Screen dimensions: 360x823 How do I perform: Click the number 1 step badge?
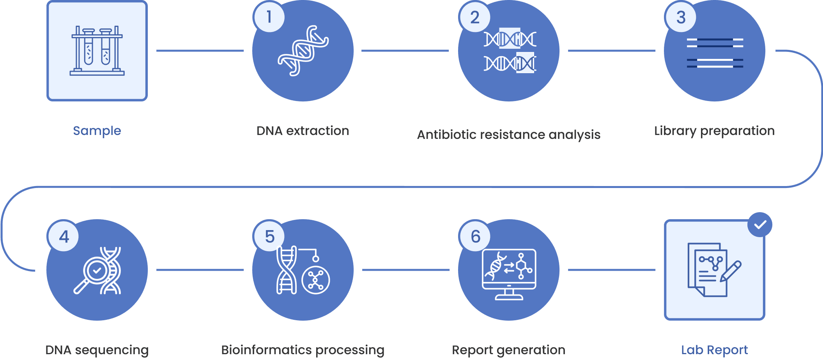pyautogui.click(x=269, y=17)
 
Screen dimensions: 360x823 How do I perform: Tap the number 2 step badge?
pyautogui.click(x=474, y=17)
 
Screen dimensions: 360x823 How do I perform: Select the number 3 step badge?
pyautogui.click(x=681, y=17)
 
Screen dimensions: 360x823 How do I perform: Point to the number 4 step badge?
pyautogui.click(x=64, y=236)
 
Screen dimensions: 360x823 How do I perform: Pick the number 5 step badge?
pyautogui.click(x=269, y=236)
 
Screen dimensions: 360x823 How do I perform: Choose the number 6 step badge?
pyautogui.click(x=475, y=236)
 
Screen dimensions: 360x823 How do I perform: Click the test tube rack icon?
pyautogui.click(x=97, y=51)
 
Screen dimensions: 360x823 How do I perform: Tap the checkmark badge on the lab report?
pyautogui.click(x=760, y=225)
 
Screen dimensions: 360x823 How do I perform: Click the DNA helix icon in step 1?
pyautogui.click(x=303, y=51)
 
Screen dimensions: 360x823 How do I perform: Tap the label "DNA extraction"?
pyautogui.click(x=303, y=131)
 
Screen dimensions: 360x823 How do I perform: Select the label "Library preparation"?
pyautogui.click(x=714, y=131)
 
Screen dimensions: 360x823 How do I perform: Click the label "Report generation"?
pyautogui.click(x=508, y=350)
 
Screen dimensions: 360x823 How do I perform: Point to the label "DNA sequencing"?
pyautogui.click(x=97, y=350)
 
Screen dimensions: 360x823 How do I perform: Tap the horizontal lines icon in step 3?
pyautogui.click(x=715, y=53)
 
